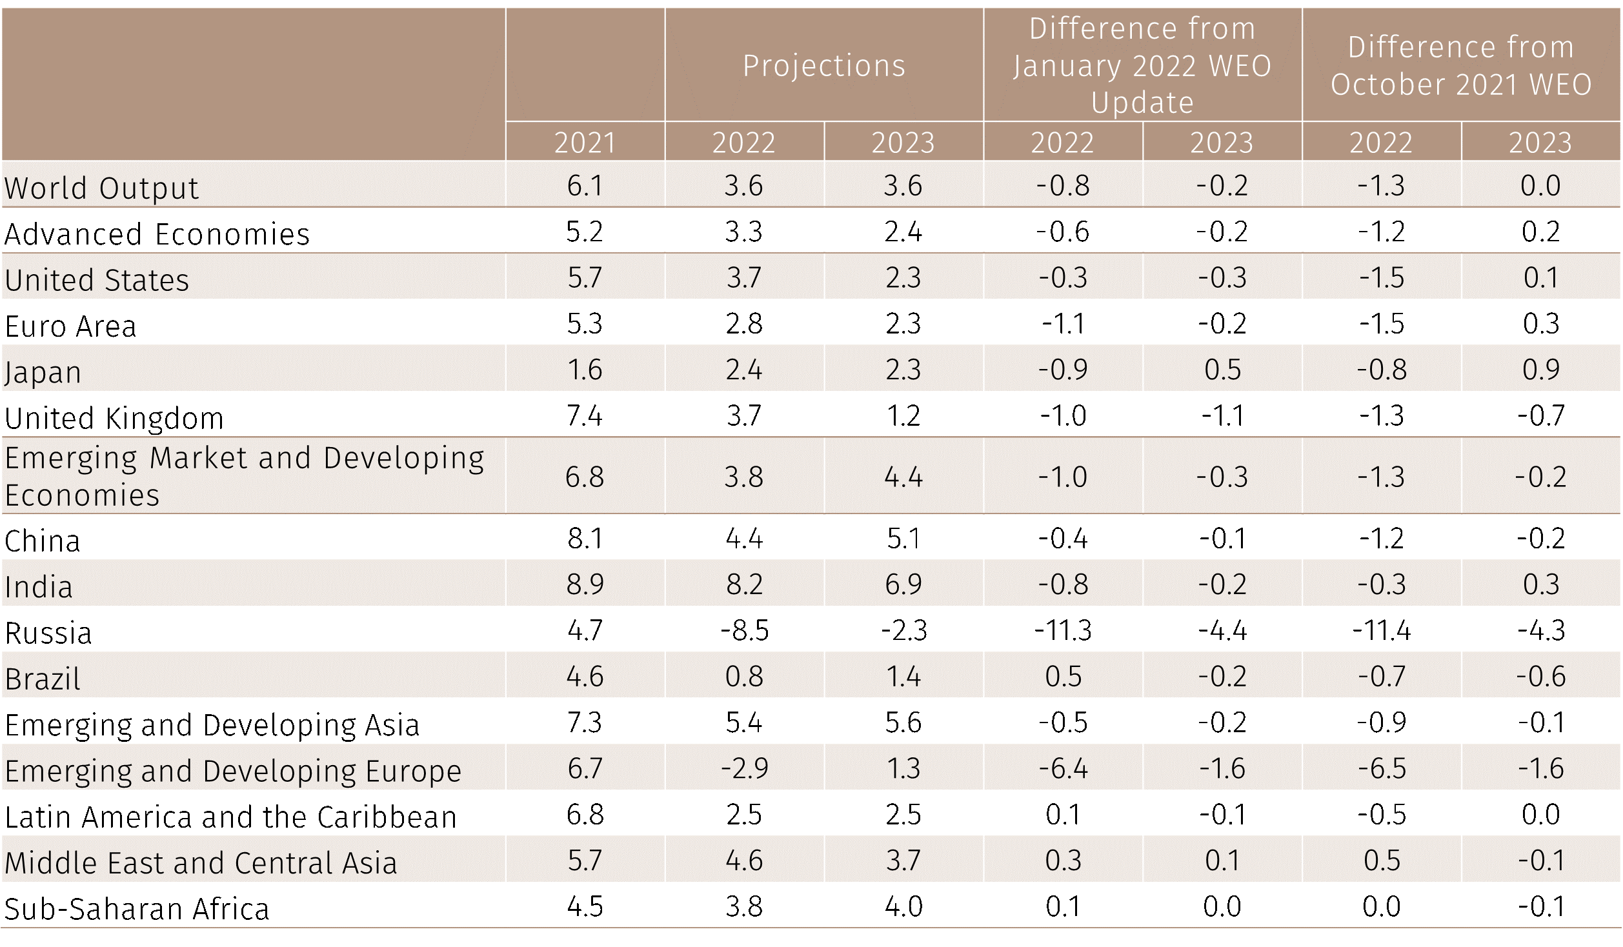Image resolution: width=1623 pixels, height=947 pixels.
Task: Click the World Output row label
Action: point(102,188)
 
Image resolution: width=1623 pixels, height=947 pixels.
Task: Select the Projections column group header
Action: point(824,66)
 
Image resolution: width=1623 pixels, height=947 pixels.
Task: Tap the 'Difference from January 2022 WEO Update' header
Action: point(1142,66)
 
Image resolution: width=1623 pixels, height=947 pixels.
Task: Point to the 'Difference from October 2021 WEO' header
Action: point(1461,66)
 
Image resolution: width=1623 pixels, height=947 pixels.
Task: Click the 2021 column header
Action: point(585,143)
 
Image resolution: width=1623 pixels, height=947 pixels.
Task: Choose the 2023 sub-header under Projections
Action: point(903,143)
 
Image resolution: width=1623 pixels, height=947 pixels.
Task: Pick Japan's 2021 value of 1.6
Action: point(585,370)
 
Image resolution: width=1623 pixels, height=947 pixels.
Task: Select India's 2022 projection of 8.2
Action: point(744,584)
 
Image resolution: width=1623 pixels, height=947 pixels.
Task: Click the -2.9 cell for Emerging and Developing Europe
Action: point(744,768)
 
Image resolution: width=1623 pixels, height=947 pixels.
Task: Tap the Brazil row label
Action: point(43,679)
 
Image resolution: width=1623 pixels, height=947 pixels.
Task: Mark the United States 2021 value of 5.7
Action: point(585,278)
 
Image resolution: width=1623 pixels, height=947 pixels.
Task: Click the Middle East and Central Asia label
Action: point(201,863)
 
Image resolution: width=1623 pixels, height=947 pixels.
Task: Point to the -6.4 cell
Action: point(1063,768)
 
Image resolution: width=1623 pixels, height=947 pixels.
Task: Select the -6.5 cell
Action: point(1382,768)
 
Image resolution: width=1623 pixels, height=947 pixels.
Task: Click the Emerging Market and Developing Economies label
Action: point(244,476)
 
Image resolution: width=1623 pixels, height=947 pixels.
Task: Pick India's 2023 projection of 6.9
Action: point(903,584)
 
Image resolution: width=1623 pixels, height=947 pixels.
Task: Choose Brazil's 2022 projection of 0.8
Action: point(744,677)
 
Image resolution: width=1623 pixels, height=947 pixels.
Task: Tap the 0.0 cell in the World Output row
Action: point(1541,186)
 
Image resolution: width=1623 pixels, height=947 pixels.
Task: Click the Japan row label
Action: point(43,372)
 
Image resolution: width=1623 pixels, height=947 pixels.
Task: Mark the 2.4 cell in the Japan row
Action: point(744,370)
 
